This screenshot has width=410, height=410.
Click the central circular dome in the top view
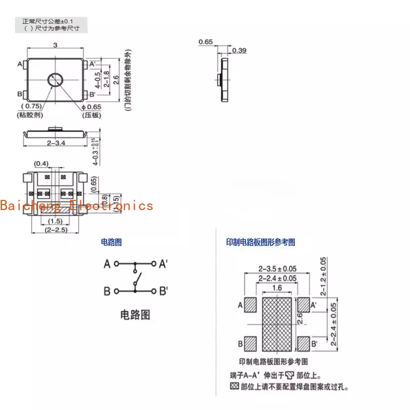click(x=55, y=79)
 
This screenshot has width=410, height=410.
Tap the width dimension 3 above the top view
click(x=55, y=46)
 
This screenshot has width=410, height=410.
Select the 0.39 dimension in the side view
click(x=239, y=50)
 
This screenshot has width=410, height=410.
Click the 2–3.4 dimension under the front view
click(x=56, y=143)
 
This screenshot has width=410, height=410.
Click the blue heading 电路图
click(x=112, y=242)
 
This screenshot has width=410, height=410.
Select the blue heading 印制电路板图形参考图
click(x=261, y=242)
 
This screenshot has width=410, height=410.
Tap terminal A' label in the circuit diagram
click(x=163, y=264)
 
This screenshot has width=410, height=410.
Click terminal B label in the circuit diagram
click(x=107, y=291)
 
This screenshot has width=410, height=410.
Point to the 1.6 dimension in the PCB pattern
click(x=277, y=288)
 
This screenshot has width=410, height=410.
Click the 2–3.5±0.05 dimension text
click(x=277, y=269)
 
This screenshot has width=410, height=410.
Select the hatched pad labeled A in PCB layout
click(x=251, y=305)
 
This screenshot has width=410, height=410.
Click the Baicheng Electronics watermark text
click(x=77, y=206)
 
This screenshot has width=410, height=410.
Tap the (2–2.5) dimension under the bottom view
click(x=56, y=230)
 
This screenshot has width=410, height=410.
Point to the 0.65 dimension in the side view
click(x=205, y=42)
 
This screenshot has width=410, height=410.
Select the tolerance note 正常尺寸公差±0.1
click(x=51, y=22)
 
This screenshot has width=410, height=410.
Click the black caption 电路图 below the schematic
click(x=135, y=314)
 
